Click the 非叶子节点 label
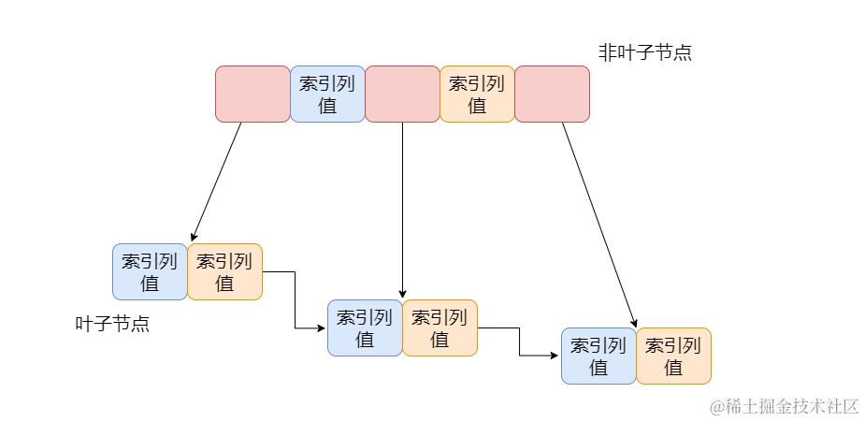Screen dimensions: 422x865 click(x=645, y=52)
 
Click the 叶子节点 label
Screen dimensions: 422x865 click(x=112, y=324)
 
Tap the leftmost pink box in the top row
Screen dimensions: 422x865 click(x=252, y=94)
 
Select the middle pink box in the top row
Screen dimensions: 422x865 click(x=402, y=94)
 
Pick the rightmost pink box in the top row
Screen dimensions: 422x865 click(x=552, y=94)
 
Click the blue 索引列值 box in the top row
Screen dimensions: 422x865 click(x=327, y=94)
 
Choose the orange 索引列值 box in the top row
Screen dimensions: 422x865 click(x=477, y=94)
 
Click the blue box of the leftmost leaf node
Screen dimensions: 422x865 click(x=150, y=271)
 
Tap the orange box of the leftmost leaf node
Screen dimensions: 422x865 click(x=224, y=271)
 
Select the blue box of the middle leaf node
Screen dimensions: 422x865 click(x=365, y=327)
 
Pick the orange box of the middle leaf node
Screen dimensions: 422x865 click(x=440, y=327)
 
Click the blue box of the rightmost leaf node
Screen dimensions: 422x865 click(x=598, y=356)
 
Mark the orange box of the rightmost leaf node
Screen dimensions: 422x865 click(x=673, y=356)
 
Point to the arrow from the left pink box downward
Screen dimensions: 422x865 click(x=216, y=182)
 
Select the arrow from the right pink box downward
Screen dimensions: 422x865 click(x=599, y=225)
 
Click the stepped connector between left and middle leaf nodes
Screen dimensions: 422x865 click(x=295, y=299)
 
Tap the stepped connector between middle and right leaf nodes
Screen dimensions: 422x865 click(x=520, y=342)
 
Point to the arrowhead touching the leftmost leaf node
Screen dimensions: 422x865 click(x=192, y=238)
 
